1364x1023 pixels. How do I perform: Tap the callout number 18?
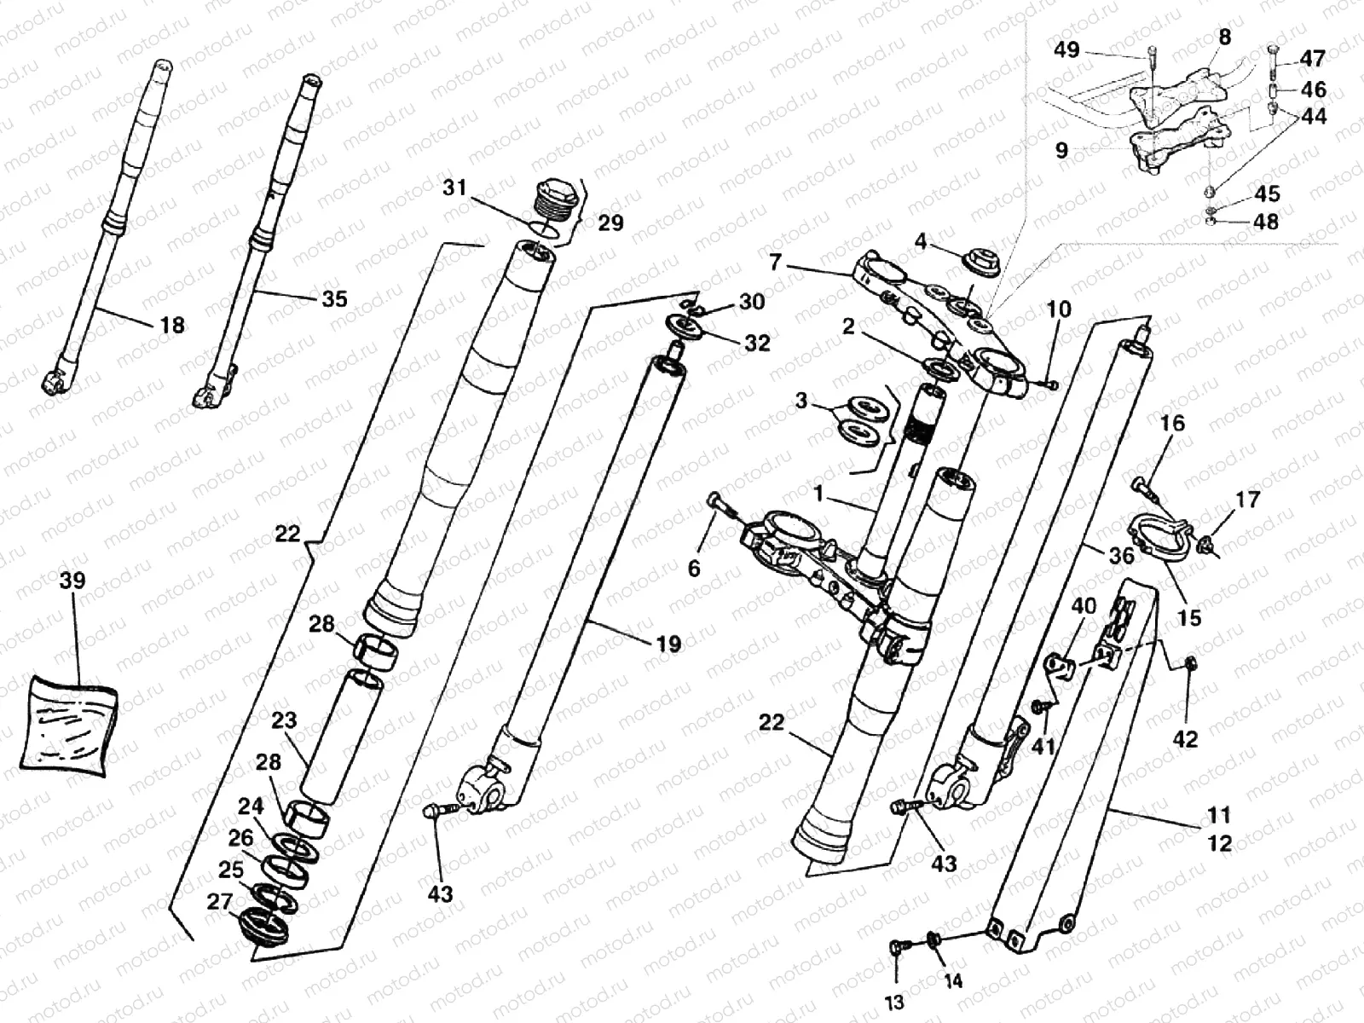pyautogui.click(x=172, y=325)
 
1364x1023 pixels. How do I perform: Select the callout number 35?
pyautogui.click(x=334, y=298)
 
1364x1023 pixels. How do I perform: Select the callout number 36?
pyautogui.click(x=1121, y=556)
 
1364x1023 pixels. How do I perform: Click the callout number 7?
pyautogui.click(x=774, y=262)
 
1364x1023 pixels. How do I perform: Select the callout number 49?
pyautogui.click(x=1066, y=50)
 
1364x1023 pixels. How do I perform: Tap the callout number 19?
pyautogui.click(x=669, y=644)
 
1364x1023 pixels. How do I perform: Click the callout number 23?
pyautogui.click(x=283, y=721)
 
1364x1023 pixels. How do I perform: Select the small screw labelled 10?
pyautogui.click(x=1051, y=385)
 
